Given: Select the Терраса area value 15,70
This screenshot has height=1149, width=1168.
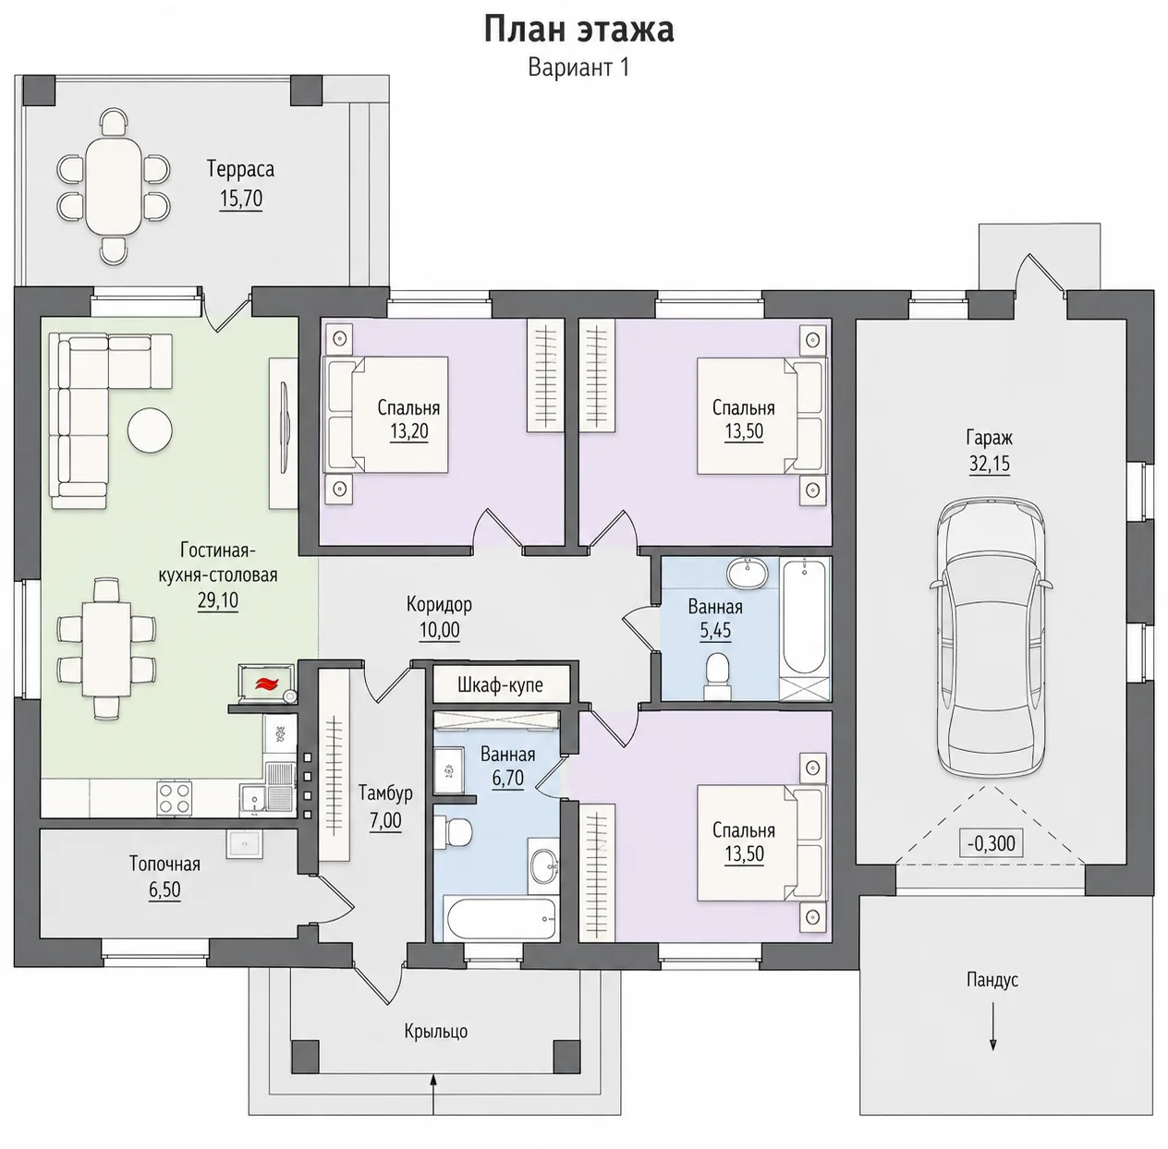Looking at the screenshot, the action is point(240,199).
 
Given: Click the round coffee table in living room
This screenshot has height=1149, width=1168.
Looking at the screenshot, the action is point(150,430).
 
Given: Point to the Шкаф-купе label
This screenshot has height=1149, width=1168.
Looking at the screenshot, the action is point(500,685).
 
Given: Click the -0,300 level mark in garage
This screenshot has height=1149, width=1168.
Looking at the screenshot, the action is point(991,843).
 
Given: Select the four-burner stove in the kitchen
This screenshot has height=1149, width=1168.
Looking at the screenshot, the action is point(175,797).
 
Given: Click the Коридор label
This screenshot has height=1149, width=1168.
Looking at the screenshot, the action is point(439,604).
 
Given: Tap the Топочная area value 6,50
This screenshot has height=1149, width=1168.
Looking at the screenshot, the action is point(164,889).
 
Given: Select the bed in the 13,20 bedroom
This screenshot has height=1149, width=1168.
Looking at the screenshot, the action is point(385,415).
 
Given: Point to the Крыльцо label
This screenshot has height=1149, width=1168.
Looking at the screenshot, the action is point(436,1032).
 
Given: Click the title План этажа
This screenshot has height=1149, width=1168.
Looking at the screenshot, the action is point(578,29).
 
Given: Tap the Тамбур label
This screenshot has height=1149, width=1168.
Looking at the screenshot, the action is point(385,792).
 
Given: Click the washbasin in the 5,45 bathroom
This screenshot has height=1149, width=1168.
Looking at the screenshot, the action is point(747,573).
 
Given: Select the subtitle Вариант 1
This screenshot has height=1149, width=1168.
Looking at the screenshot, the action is point(578,67).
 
